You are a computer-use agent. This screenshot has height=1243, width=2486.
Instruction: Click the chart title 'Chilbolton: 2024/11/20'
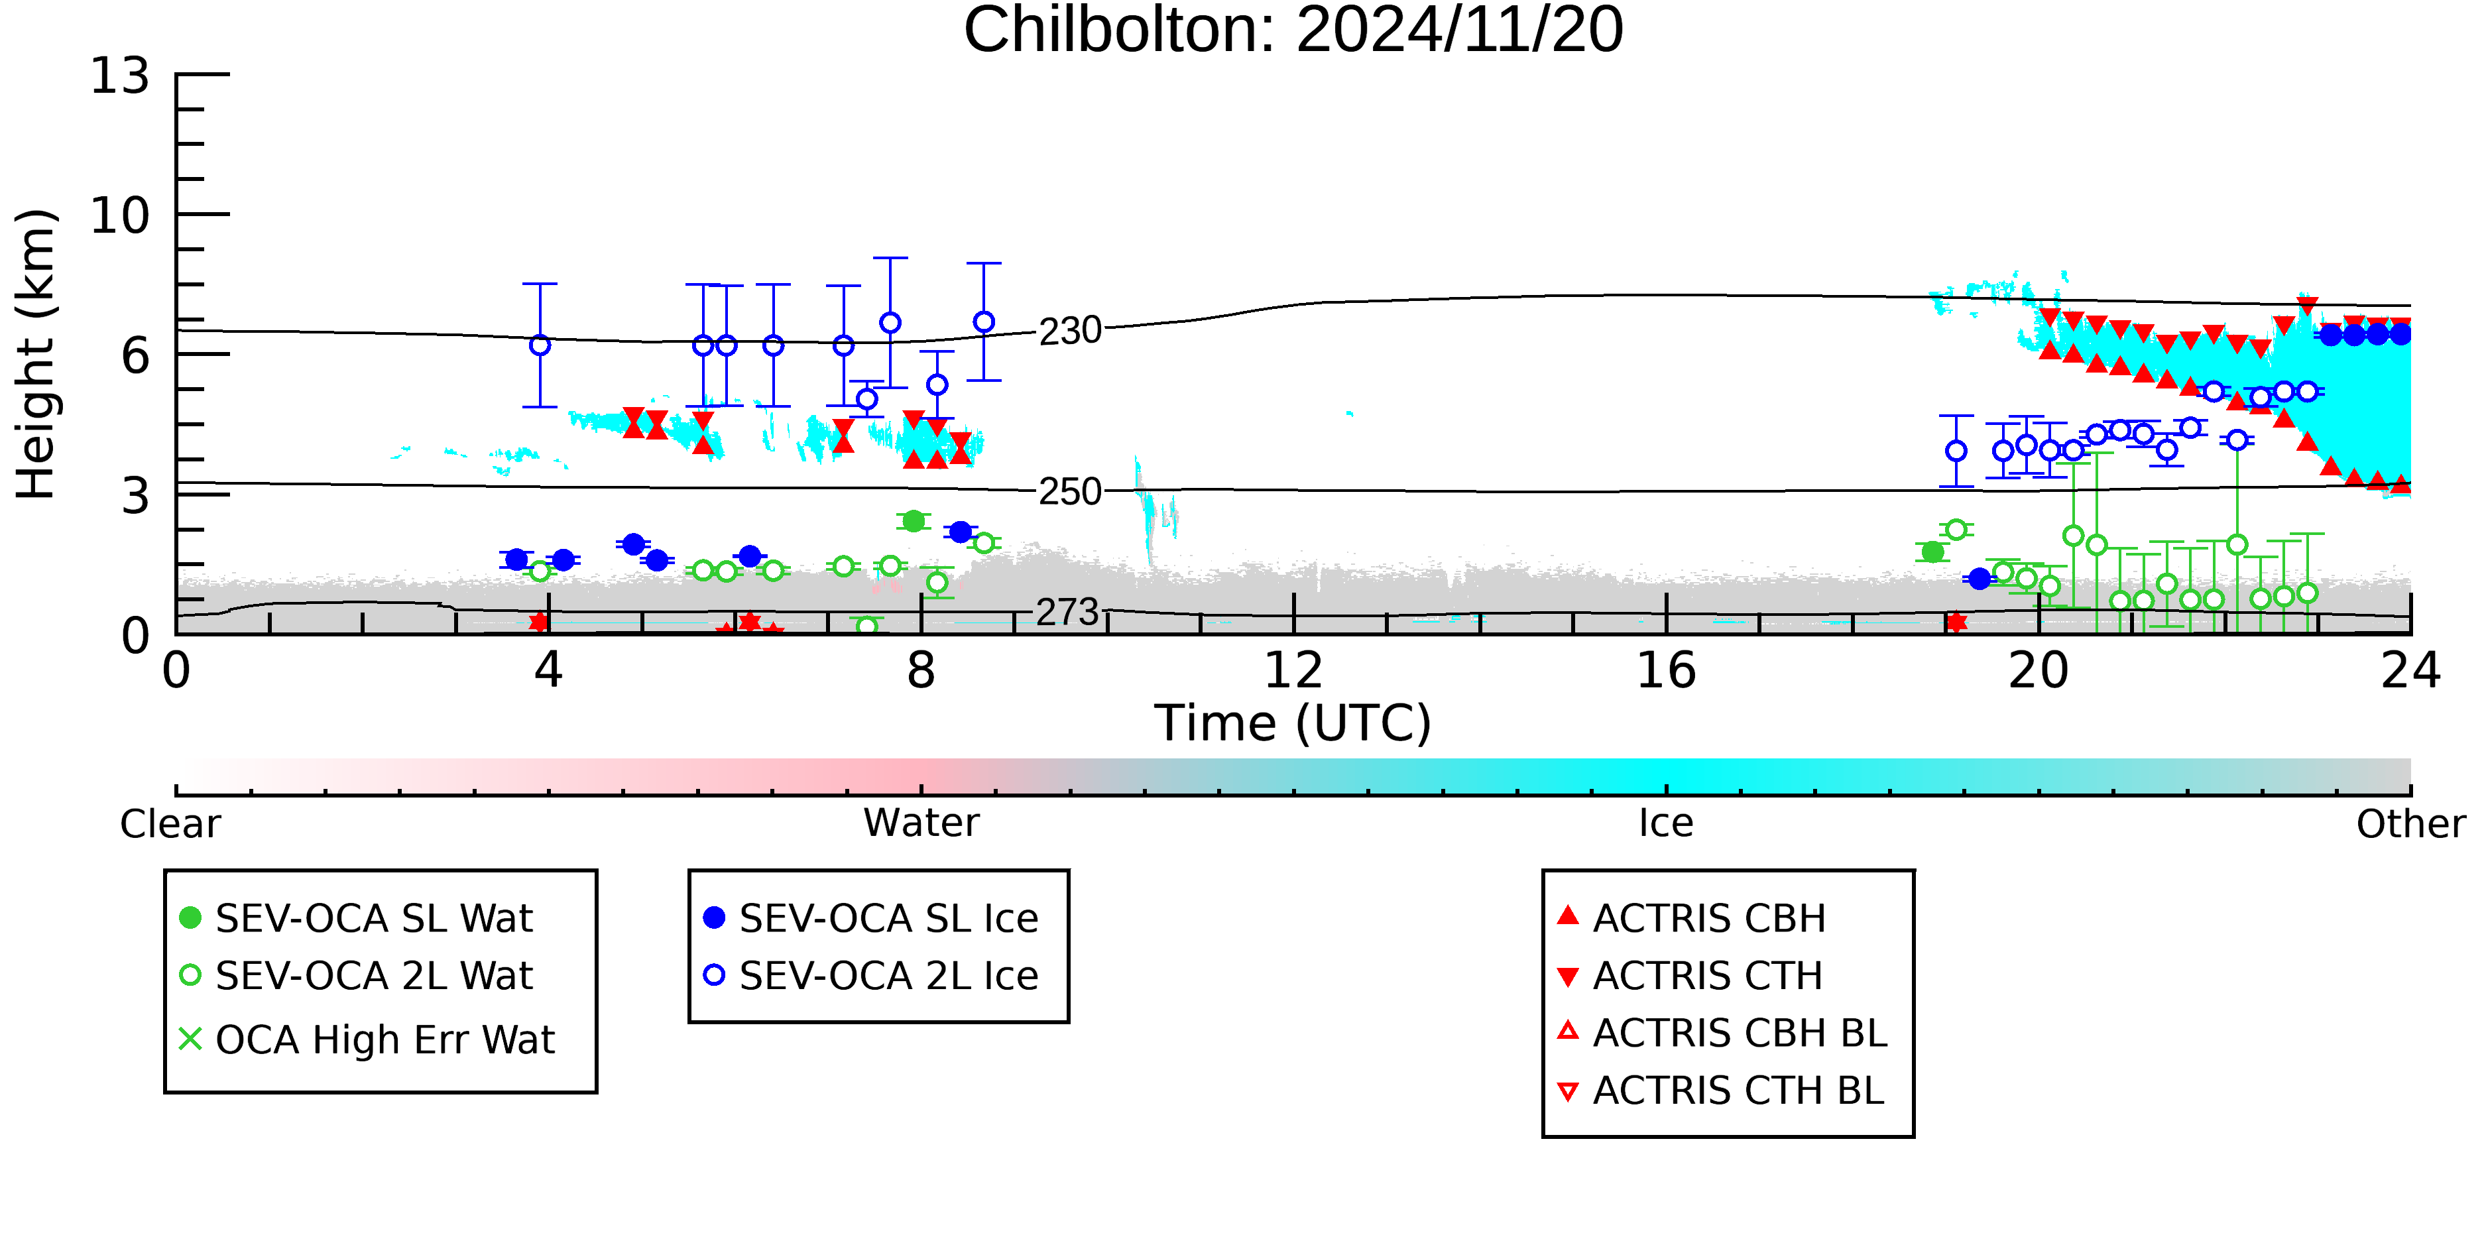pos(1293,31)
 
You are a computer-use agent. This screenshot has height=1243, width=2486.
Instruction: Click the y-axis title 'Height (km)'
pos(36,354)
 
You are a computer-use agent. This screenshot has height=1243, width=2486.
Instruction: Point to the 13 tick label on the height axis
pos(121,76)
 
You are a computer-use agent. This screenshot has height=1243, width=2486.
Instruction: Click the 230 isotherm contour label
pos(1070,331)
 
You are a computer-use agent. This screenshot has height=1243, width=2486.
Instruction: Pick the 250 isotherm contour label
pos(1070,492)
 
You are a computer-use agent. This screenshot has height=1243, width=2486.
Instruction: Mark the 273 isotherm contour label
pos(1067,612)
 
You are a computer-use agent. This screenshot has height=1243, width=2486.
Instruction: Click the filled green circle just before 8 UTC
pos(913,521)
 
